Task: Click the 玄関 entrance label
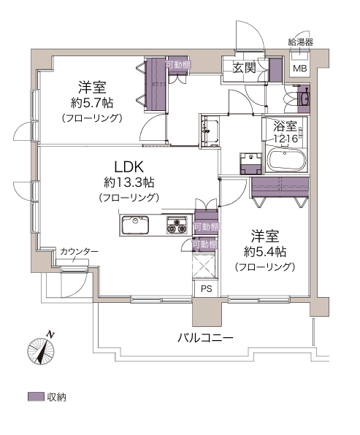coord(244,68)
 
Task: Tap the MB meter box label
coord(300,69)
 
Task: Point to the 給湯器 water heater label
coord(301,42)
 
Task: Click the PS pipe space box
coord(206,289)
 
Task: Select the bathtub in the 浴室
coord(286,161)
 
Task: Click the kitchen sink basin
coord(135,225)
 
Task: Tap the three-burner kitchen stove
coord(177,225)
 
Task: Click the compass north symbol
coord(41,349)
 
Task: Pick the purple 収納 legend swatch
coord(36,397)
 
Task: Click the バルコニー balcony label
coord(205,338)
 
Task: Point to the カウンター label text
coord(79,252)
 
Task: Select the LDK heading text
coord(129,167)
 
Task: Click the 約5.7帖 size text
coord(92,103)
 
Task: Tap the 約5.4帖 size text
coord(265,252)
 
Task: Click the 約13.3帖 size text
coord(129,182)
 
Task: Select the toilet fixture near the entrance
coord(303,98)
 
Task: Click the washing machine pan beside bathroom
coord(251,163)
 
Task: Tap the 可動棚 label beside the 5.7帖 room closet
coord(178,65)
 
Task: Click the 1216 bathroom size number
coord(286,138)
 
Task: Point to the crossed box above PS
coord(204,266)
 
